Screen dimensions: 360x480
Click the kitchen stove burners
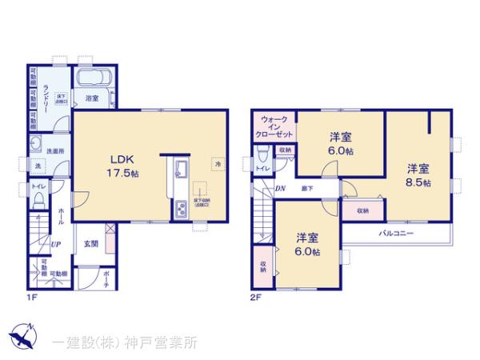[x=181, y=210]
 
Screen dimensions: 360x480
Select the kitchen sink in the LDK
[x=180, y=169]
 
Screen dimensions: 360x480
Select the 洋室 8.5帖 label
[x=418, y=174]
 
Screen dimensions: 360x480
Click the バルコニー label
[x=396, y=233]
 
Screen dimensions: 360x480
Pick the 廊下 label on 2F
[x=307, y=188]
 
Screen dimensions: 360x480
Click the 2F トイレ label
[x=262, y=168]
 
